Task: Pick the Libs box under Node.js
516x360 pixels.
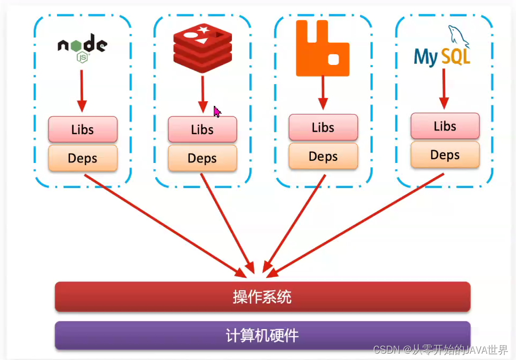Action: (83, 129)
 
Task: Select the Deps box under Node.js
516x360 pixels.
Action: (83, 158)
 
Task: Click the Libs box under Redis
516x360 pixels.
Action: (203, 129)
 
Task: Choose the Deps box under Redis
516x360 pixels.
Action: (203, 158)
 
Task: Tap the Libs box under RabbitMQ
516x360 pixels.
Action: (323, 127)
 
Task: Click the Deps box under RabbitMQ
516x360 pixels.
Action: (323, 156)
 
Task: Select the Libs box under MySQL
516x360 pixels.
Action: (445, 126)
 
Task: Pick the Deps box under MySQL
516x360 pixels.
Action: (445, 155)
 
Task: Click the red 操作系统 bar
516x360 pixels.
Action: (262, 297)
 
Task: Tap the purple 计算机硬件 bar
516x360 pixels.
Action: (262, 336)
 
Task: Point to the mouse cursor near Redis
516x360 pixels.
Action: (217, 111)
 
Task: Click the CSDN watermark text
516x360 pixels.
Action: (440, 350)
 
